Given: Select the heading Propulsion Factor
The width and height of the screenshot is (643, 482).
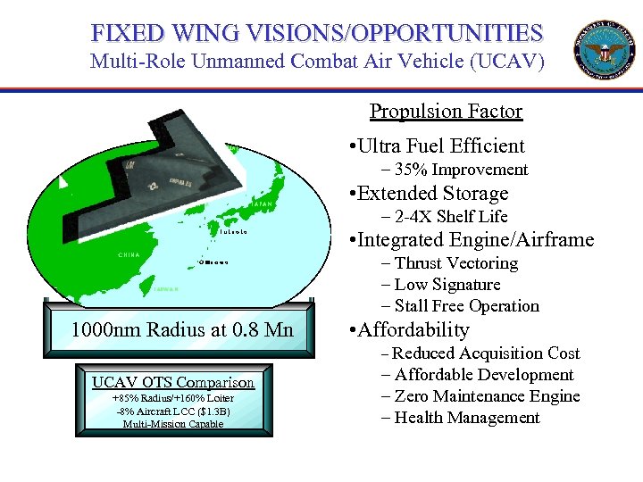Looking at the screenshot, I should pos(446,112).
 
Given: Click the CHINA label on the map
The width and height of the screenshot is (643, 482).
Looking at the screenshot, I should pos(129,255).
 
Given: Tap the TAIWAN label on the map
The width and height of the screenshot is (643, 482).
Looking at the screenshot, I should pos(166,289).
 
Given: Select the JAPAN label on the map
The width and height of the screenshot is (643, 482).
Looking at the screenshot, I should pos(262,205).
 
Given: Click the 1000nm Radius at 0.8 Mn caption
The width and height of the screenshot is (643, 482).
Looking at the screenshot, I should pos(182,330).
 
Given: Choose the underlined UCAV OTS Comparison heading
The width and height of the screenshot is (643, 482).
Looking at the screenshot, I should pos(173,382).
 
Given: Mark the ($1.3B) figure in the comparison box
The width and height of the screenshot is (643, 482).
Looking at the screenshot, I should pos(210,411).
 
